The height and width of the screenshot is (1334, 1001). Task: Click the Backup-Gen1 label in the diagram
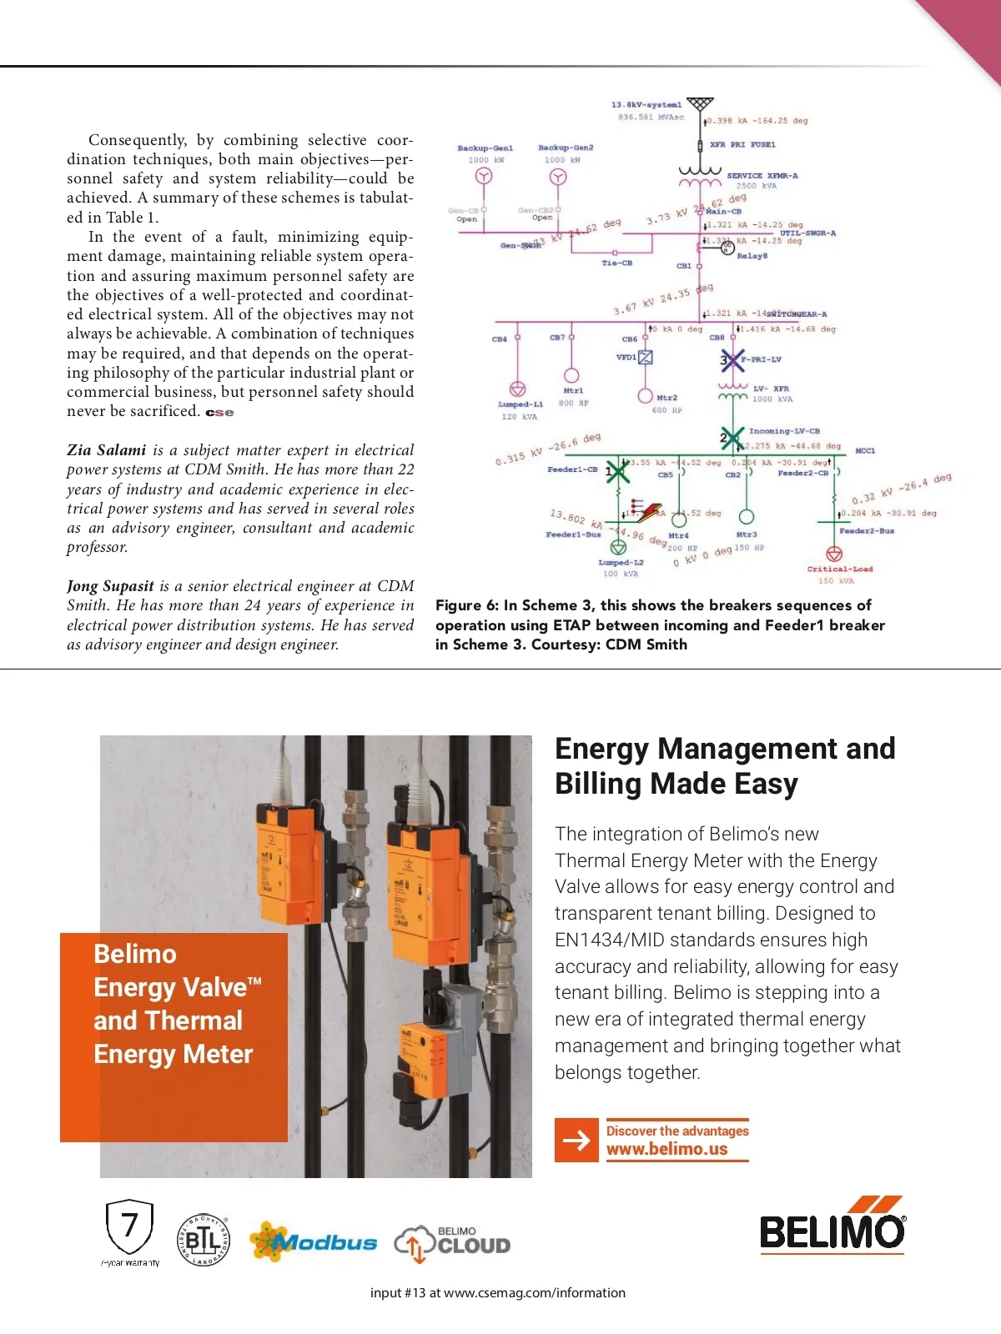click(485, 148)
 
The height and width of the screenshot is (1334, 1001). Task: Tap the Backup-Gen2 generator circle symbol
click(558, 177)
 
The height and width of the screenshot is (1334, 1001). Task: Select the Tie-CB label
click(617, 263)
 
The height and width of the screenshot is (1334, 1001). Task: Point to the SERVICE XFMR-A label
click(762, 176)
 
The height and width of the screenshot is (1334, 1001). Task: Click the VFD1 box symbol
click(645, 358)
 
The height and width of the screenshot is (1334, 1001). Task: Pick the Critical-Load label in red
click(839, 569)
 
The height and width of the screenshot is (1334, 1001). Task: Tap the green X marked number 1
click(616, 471)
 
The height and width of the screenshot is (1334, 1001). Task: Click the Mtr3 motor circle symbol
click(747, 518)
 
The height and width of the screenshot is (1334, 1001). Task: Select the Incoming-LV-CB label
click(784, 431)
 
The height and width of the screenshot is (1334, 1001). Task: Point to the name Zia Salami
click(106, 450)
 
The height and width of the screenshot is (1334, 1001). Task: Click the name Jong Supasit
click(110, 586)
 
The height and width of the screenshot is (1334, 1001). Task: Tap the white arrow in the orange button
click(576, 1140)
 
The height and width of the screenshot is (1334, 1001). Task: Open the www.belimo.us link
click(666, 1149)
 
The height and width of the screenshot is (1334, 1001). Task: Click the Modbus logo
click(314, 1242)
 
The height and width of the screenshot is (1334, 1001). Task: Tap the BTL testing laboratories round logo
click(204, 1240)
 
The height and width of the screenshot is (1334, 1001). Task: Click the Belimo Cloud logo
click(452, 1242)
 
